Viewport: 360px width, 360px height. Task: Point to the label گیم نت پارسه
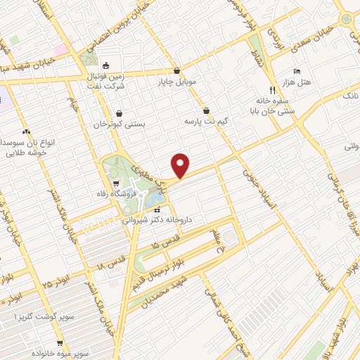208,122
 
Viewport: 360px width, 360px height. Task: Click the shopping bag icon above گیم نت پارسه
206,110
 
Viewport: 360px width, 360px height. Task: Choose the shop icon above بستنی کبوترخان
119,113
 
